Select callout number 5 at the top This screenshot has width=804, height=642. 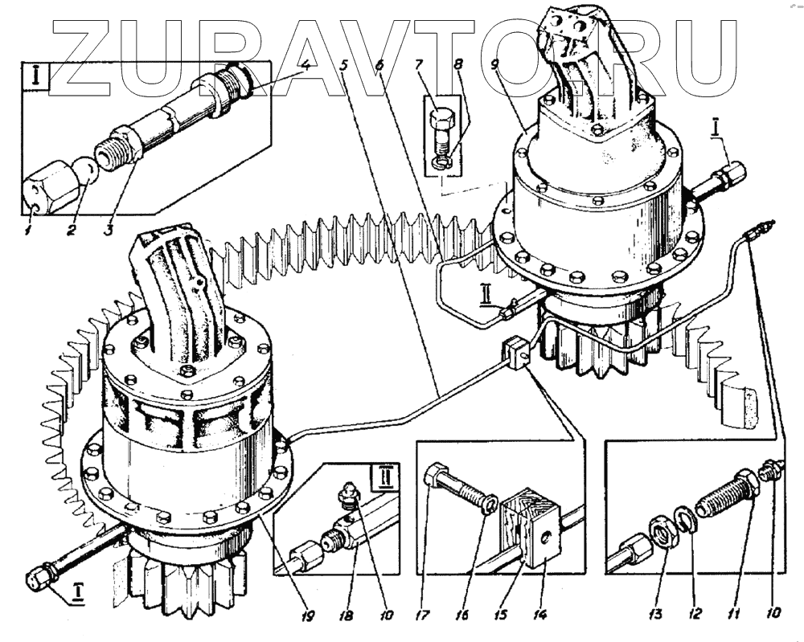344,67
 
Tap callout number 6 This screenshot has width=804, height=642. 379,67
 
